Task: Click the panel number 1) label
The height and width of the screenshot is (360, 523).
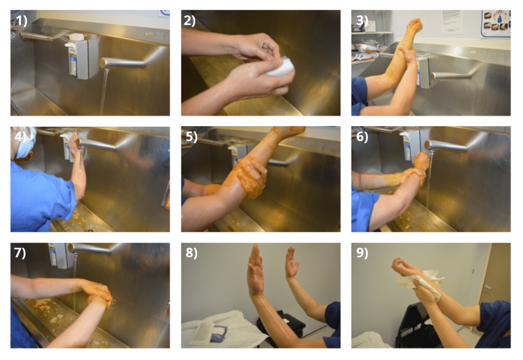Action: (21, 20)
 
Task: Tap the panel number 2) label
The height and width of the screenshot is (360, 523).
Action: (189, 20)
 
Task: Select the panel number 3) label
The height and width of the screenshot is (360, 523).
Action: (362, 20)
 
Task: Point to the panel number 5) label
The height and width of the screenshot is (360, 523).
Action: (192, 137)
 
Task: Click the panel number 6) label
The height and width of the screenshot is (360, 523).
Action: (362, 137)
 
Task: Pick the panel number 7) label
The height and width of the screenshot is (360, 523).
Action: (20, 253)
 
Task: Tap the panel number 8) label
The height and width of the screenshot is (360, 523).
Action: (192, 253)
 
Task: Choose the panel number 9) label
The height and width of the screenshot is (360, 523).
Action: (362, 253)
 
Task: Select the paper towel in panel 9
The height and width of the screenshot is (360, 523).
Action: (421, 283)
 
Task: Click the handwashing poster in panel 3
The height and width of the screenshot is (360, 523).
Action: (496, 23)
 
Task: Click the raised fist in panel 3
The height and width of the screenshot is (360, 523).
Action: (415, 26)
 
